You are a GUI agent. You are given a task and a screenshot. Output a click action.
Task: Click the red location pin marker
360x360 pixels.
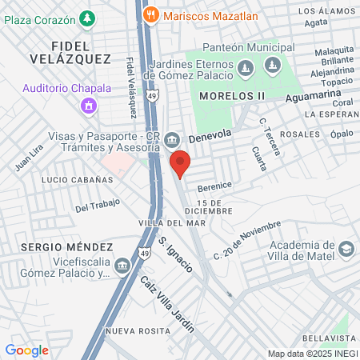180,162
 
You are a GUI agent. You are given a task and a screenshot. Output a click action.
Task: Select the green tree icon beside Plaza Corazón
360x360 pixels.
87,18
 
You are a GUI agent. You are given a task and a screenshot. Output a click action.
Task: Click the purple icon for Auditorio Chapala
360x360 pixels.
89,105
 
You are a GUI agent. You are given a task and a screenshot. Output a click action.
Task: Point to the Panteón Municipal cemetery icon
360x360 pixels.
274,64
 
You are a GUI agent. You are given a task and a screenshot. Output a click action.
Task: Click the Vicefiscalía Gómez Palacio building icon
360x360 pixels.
122,265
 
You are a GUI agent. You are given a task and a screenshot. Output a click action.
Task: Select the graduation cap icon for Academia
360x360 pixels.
346,249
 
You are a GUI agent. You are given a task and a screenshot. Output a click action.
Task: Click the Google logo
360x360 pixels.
26,350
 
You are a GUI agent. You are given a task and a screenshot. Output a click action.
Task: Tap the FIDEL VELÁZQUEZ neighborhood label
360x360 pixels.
70,50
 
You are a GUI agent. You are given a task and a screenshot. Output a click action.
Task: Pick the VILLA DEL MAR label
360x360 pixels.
162,222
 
